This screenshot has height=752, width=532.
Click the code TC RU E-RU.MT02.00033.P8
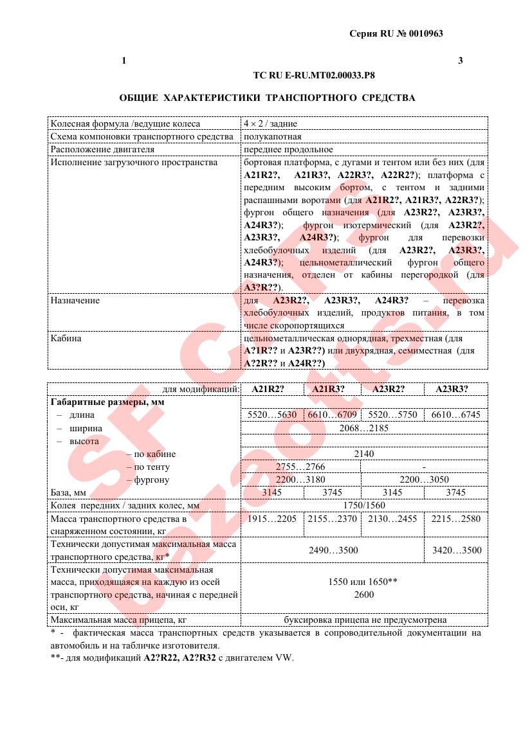tap(314, 75)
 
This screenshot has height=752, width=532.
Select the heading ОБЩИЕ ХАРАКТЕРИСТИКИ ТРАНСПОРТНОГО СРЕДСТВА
tap(267, 98)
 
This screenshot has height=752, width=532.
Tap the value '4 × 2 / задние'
tap(270, 123)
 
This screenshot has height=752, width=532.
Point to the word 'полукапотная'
tap(273, 136)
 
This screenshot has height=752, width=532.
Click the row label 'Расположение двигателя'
tap(102, 149)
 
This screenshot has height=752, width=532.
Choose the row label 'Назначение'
tap(75, 300)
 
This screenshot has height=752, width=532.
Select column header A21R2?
tap(268, 389)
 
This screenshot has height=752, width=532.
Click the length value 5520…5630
tap(272, 415)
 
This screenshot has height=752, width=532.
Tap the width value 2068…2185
tap(363, 427)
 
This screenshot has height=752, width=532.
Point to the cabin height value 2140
tap(363, 454)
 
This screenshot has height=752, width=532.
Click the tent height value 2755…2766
tap(300, 467)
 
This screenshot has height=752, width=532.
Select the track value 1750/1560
tap(363, 506)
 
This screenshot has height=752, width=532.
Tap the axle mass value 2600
tap(363, 595)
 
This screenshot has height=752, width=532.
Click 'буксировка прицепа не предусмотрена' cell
tap(365, 620)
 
